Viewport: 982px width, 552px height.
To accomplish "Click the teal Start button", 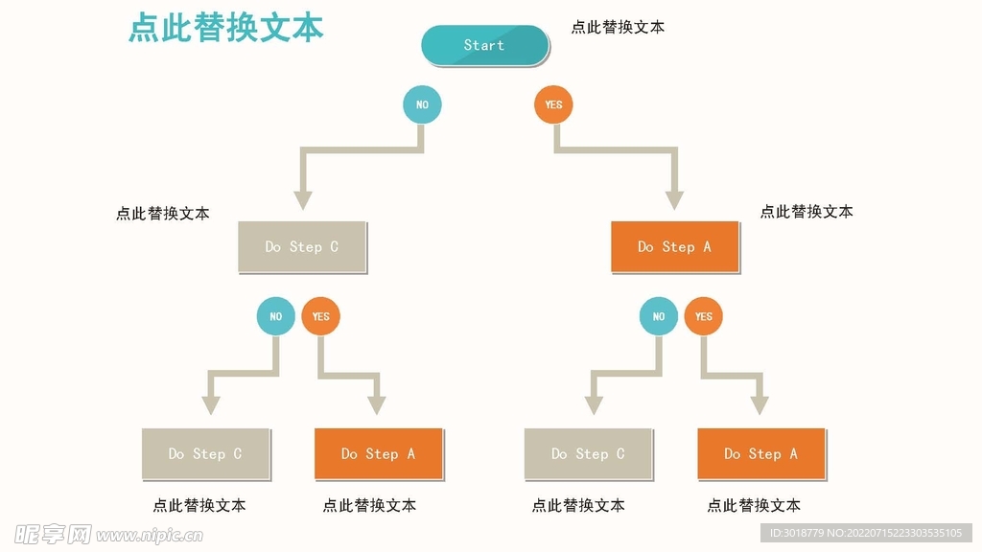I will point(484,45).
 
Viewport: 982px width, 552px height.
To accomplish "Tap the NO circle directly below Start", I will point(422,104).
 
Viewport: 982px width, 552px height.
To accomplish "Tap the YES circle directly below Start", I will point(553,104).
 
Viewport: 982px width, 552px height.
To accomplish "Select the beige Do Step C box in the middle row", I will point(302,246).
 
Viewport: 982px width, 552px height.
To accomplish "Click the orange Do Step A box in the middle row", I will point(675,246).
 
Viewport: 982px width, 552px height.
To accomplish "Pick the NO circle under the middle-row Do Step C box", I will point(276,316).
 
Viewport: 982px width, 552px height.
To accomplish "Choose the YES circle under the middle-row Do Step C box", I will point(321,316).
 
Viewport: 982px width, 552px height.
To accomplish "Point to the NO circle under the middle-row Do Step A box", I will point(659,316).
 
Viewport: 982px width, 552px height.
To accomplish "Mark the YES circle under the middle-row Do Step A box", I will point(704,316).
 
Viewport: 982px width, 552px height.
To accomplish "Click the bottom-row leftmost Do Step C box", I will point(205,453).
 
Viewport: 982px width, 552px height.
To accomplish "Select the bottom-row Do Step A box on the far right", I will point(760,453).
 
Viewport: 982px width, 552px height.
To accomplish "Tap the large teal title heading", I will point(226,28).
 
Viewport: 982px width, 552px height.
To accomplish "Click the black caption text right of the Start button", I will point(618,27).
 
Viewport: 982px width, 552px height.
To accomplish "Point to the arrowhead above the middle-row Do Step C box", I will point(303,200).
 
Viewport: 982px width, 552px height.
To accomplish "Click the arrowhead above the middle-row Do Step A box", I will point(675,200).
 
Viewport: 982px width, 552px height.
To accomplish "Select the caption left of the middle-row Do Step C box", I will point(163,214).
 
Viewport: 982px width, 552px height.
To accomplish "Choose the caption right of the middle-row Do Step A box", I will point(807,212).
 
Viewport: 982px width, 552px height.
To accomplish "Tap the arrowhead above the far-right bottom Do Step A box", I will point(760,405).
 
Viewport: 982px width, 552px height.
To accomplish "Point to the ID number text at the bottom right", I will point(865,533).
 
